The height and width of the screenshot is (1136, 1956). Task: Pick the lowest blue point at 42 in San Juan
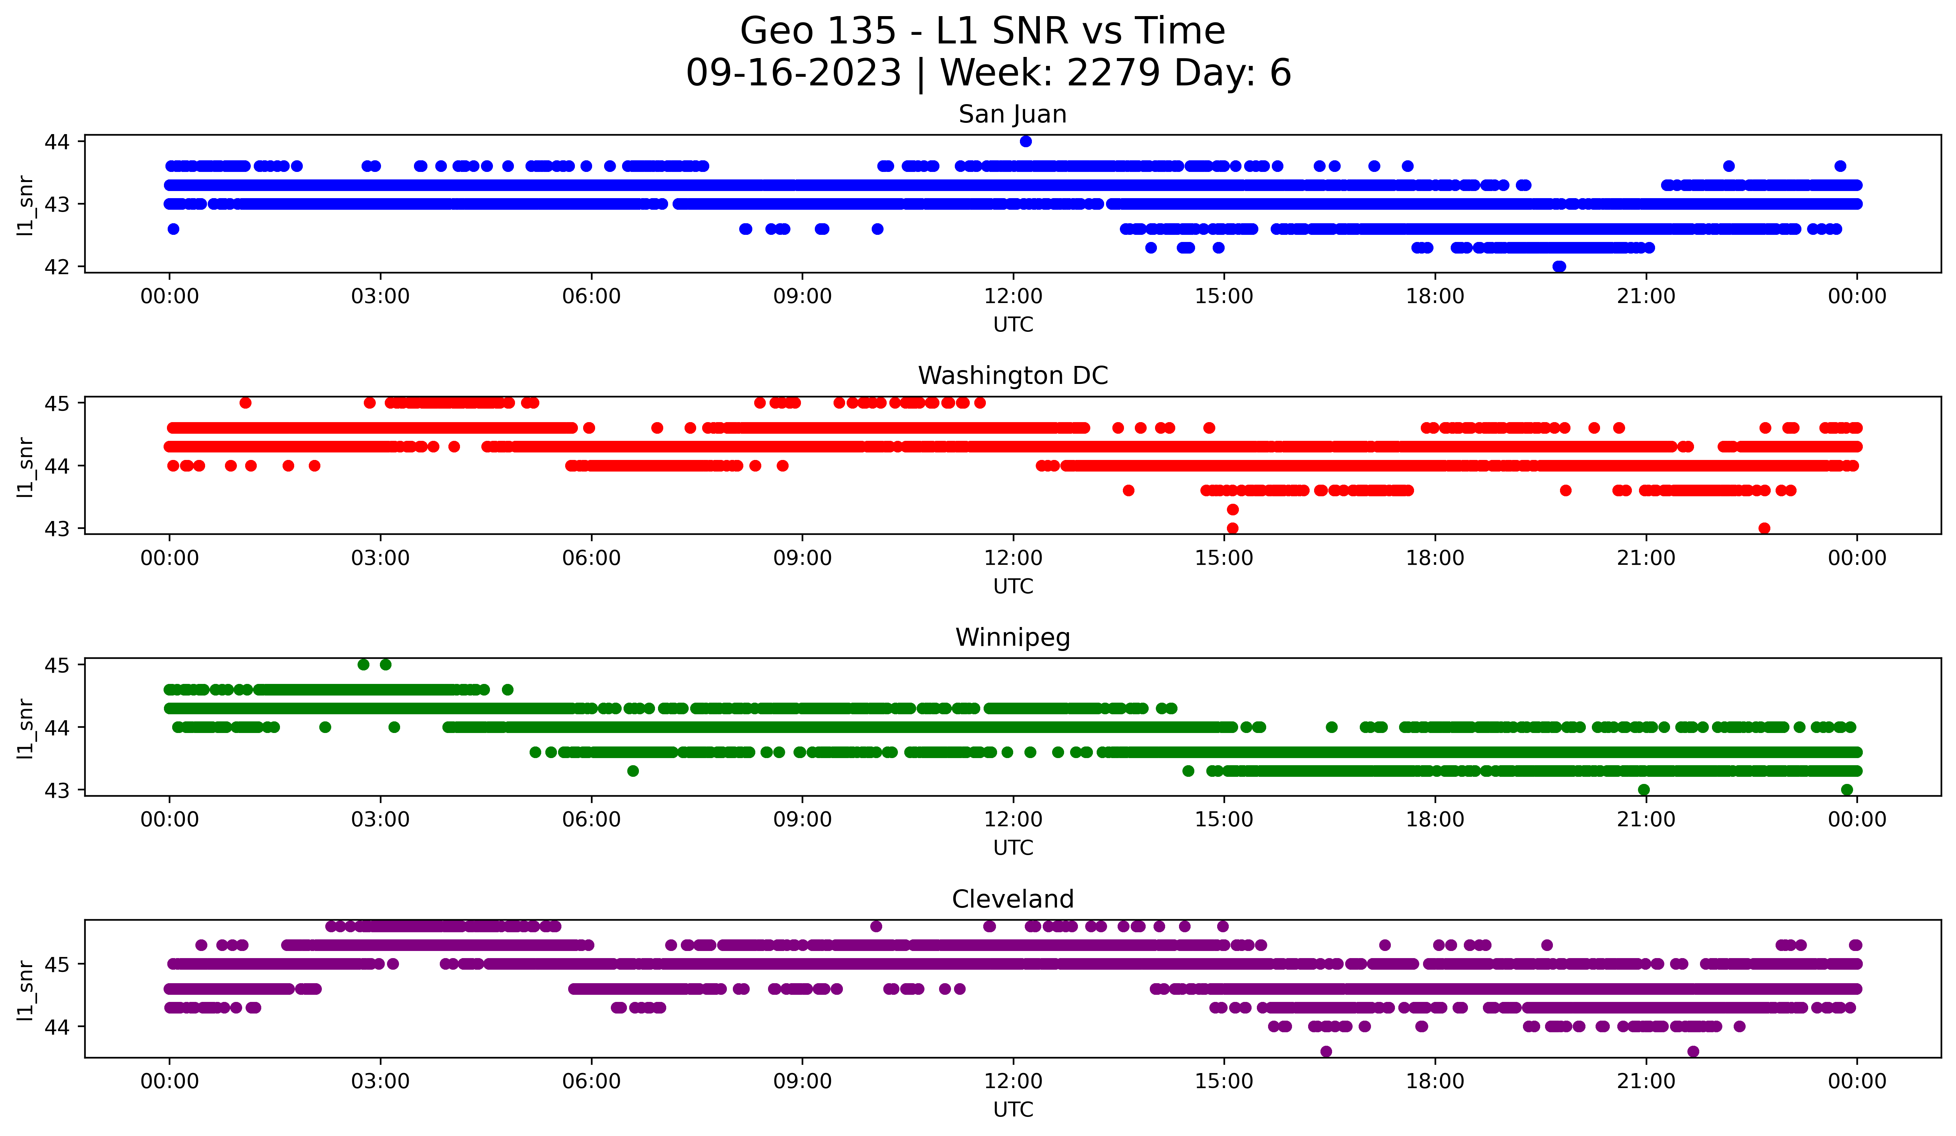[1559, 266]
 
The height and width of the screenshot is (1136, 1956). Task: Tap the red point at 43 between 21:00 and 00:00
[1764, 528]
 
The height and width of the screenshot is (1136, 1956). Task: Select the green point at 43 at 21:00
[1643, 790]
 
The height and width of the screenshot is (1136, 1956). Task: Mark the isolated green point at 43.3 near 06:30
[633, 771]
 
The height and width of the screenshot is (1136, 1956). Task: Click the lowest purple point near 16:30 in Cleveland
[1326, 1051]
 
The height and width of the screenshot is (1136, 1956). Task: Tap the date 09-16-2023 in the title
[793, 73]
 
